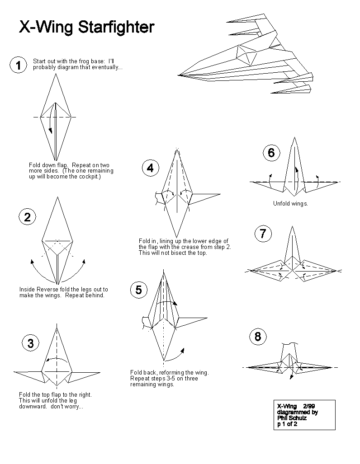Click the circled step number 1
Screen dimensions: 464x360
coord(18,66)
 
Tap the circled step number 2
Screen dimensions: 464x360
coord(27,217)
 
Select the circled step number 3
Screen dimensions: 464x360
coord(30,343)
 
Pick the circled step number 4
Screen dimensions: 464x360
coord(150,168)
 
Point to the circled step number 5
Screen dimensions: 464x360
coord(138,290)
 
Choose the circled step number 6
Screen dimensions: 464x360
coord(271,153)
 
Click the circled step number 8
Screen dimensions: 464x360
coord(258,337)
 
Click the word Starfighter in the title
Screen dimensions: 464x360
coord(116,27)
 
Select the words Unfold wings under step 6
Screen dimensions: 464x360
coord(290,204)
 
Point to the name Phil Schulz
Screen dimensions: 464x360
coord(292,418)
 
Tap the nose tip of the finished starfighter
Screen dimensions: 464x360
coord(179,75)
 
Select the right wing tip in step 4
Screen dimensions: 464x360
coord(220,195)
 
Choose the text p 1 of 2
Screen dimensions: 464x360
coord(287,424)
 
